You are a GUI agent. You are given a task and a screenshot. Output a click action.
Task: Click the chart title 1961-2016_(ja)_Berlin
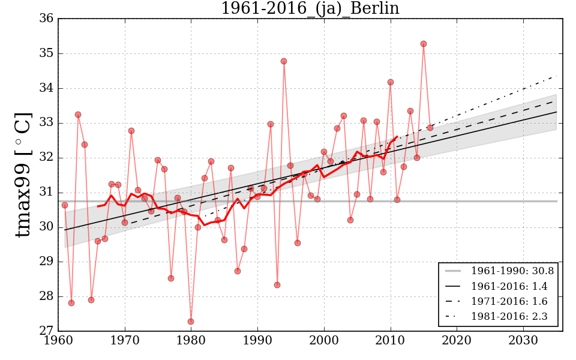pos(310,8)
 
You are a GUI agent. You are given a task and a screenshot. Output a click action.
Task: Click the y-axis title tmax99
pos(23,175)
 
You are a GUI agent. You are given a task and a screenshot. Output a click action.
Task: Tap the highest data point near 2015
pos(424,44)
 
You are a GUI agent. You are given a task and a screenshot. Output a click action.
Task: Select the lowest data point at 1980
pos(191,322)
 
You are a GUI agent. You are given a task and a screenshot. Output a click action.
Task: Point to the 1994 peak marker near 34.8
pos(284,61)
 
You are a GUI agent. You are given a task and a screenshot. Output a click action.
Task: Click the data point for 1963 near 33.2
pos(78,115)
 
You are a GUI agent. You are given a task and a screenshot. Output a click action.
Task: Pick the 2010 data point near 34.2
pos(391,82)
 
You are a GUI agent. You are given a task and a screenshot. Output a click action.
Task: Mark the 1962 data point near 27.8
pos(71,303)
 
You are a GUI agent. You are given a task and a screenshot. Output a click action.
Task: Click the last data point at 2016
pos(430,128)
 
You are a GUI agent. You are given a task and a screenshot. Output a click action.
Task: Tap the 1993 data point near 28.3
pos(277,285)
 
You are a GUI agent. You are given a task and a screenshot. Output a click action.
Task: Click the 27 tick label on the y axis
pos(47,331)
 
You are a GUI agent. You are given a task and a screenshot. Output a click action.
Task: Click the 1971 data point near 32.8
pos(131,131)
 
